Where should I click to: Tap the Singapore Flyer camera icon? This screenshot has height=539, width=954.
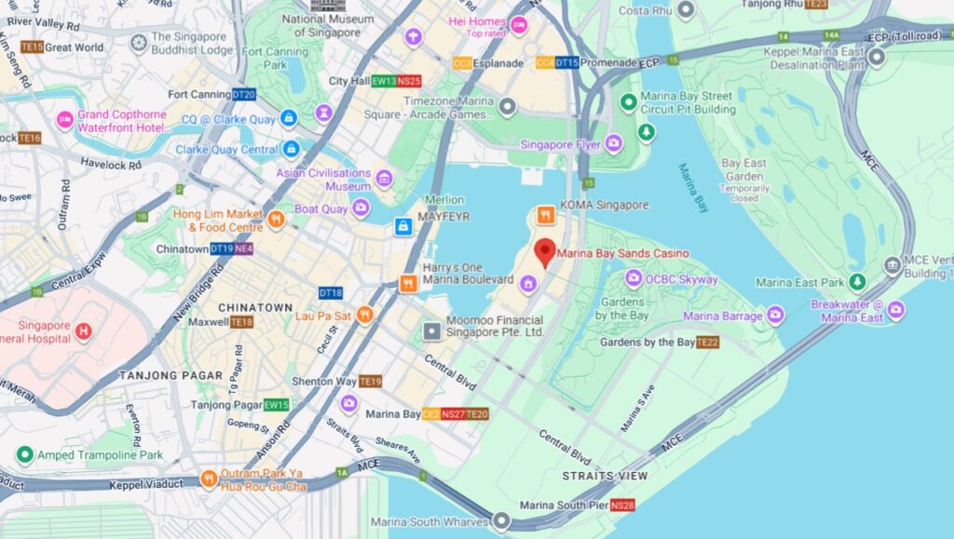613,143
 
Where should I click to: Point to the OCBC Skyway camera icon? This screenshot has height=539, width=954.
634,278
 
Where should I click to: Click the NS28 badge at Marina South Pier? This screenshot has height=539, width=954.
623,505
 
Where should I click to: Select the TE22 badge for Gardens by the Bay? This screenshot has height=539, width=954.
707,343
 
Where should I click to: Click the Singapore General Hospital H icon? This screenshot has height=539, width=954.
84,331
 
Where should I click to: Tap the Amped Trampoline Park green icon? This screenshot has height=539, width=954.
25,454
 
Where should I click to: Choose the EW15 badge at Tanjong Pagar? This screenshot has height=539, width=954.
276,405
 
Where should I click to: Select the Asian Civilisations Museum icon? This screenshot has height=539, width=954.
384,178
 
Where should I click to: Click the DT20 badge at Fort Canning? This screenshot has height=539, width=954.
244,94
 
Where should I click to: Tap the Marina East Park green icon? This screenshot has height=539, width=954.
856,282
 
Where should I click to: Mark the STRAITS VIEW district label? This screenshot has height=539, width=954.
605,476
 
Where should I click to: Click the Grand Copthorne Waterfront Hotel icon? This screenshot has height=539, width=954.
64,119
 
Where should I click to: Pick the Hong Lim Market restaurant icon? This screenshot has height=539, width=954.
276,220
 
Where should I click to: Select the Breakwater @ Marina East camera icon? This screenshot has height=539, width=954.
895,310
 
